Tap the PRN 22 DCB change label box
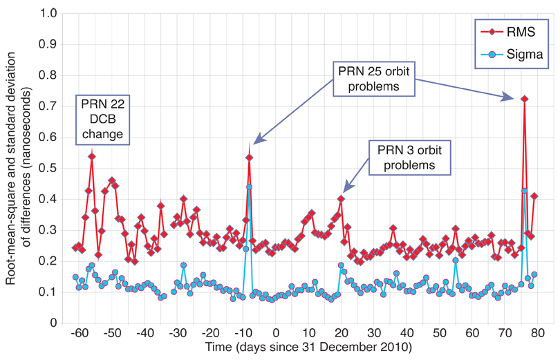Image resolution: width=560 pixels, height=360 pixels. (x=104, y=119)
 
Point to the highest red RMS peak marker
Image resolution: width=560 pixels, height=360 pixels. (x=525, y=99)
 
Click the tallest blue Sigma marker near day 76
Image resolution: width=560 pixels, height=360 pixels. (x=525, y=191)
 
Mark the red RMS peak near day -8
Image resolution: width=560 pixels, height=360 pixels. (x=249, y=158)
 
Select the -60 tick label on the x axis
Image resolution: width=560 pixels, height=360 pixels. (x=80, y=334)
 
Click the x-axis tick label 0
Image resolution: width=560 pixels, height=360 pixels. (x=275, y=334)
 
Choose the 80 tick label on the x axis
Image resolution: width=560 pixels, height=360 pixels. (x=537, y=334)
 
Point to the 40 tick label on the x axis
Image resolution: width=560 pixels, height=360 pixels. (x=407, y=334)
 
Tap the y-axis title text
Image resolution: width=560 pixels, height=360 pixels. (x=19, y=167)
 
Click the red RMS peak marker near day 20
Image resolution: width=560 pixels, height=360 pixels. (x=341, y=199)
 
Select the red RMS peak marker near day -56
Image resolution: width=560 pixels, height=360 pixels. (x=92, y=156)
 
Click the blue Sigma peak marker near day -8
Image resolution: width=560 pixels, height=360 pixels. (x=249, y=187)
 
